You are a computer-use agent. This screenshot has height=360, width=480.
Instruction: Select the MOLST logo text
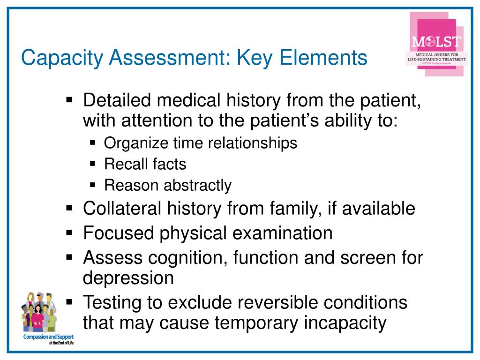point(436,42)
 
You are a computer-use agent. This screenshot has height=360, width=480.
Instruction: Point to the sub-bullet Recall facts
point(145,164)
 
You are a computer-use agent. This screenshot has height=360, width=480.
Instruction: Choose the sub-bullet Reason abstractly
point(167,186)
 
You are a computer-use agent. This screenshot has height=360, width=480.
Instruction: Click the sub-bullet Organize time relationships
point(200,143)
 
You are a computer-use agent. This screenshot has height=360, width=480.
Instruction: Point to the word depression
point(128,278)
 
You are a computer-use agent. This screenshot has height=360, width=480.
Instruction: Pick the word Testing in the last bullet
point(112,303)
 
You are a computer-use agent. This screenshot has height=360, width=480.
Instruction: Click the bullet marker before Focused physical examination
point(69,232)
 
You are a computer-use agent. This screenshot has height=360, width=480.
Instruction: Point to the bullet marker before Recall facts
point(92,164)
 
